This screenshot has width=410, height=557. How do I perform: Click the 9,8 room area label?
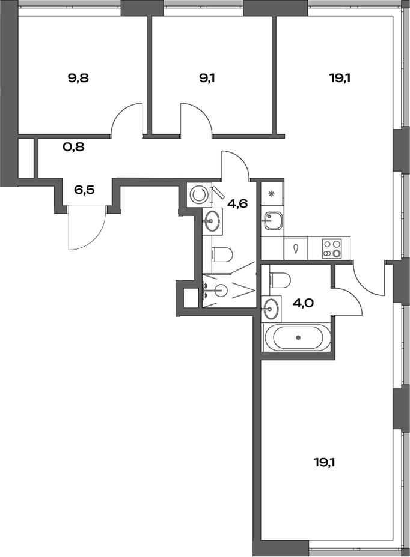click(78, 77)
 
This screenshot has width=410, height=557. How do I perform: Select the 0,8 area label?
click(73, 146)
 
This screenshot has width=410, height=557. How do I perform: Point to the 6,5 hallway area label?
click(84, 190)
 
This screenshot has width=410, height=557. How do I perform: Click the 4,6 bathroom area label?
click(237, 203)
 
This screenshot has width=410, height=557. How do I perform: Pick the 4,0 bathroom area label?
click(304, 303)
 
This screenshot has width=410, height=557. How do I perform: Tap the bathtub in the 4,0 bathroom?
click(298, 337)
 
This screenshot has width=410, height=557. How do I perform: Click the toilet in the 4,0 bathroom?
click(280, 279)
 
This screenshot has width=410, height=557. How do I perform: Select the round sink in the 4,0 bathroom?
click(271, 309)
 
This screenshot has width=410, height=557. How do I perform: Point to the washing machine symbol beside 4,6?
click(197, 194)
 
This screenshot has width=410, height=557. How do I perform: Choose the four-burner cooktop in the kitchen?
click(332, 248)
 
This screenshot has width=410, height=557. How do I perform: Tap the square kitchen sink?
click(272, 220)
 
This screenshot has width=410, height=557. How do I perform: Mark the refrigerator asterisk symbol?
click(272, 193)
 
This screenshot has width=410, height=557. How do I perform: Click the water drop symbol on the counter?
click(295, 248)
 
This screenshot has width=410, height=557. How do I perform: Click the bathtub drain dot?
click(298, 337)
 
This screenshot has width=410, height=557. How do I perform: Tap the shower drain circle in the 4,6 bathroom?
click(221, 291)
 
